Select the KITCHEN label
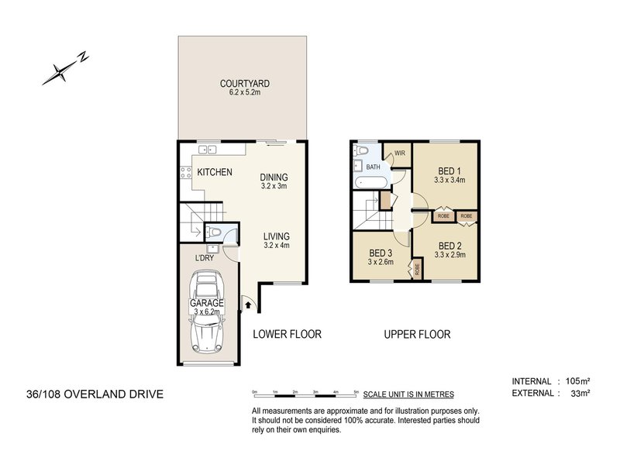click(214, 171)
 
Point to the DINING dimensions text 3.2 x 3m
click(274, 186)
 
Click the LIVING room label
click(275, 236)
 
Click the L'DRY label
click(205, 258)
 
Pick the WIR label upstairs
click(401, 153)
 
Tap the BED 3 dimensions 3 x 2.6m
click(381, 262)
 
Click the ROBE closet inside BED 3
click(418, 270)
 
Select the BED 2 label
click(450, 243)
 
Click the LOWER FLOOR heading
click(287, 335)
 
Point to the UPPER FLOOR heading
click(418, 335)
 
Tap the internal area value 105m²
click(576, 381)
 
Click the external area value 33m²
click(578, 394)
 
